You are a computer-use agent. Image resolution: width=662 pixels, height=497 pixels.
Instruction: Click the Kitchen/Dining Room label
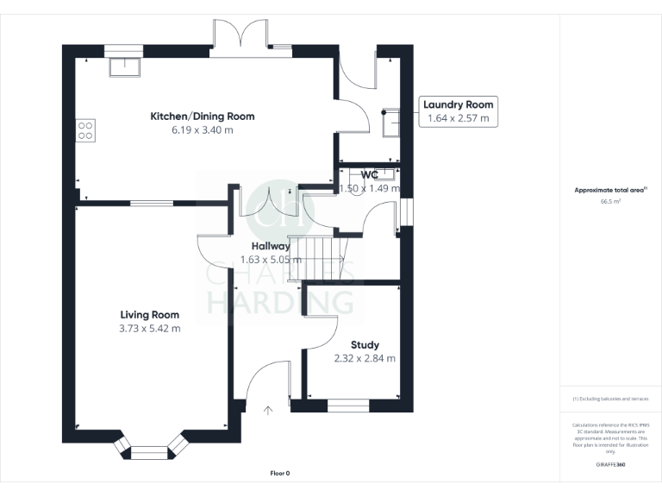tap(203, 116)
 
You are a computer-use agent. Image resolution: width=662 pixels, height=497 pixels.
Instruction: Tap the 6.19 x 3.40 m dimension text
tap(203, 130)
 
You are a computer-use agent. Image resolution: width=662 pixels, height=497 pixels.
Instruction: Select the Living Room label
tap(149, 315)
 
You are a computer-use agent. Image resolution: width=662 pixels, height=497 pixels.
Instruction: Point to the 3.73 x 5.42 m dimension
tap(149, 329)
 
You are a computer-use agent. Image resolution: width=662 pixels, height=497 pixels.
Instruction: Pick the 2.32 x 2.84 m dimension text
tap(365, 358)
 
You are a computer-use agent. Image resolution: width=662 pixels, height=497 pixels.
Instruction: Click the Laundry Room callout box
tap(458, 112)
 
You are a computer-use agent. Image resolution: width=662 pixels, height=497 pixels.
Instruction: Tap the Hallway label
tap(271, 246)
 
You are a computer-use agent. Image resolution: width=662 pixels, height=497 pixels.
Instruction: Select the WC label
tap(370, 174)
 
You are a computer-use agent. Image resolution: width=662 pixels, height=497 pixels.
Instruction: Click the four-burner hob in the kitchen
tap(86, 130)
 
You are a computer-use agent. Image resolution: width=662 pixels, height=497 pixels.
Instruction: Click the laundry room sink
tap(390, 123)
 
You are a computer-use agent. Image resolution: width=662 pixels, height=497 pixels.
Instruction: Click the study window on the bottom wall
tap(347, 403)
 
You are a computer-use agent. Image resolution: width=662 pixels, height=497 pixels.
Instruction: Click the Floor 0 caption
tap(280, 474)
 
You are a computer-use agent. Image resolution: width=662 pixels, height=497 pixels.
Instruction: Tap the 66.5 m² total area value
tap(610, 200)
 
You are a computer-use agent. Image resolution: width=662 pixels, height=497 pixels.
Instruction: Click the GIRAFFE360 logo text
tap(610, 464)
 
